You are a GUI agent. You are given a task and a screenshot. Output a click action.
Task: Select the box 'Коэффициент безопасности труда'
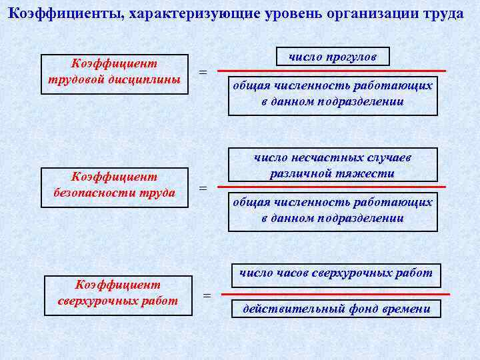114,185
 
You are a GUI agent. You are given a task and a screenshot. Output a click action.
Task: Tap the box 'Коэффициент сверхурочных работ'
117,293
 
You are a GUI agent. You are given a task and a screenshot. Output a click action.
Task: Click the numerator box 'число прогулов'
333,57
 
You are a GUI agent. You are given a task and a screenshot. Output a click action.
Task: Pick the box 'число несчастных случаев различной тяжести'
333,165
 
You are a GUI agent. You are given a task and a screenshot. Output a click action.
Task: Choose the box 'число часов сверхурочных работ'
335,273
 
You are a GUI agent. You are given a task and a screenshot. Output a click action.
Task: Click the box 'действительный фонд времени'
336,309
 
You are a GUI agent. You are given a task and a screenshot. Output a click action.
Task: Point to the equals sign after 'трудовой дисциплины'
203,72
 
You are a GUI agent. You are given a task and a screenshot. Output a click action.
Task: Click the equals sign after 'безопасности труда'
203,189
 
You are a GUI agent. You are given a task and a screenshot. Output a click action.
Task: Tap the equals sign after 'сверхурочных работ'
207,295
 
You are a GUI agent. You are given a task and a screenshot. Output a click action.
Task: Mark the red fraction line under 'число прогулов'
333,70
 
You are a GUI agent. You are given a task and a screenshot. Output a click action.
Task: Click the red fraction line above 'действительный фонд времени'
335,293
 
